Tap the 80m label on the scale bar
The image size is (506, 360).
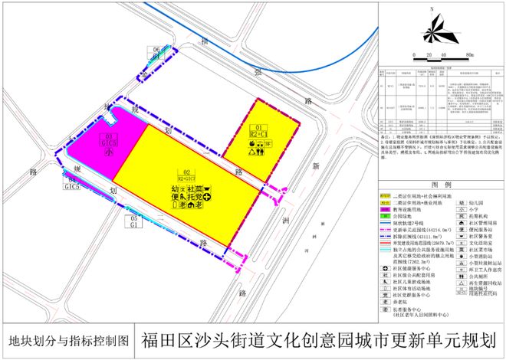(468, 55)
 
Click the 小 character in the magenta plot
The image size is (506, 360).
(110, 153)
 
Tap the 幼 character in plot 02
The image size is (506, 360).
(176, 188)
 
